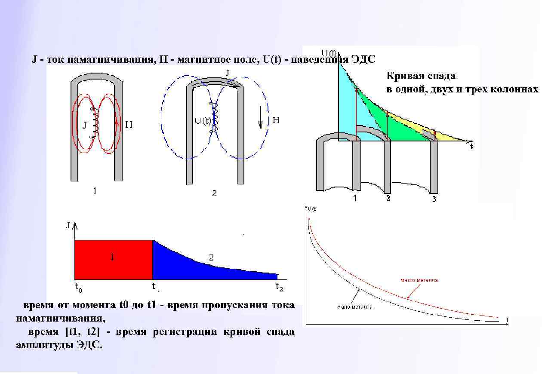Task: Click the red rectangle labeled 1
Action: click(x=114, y=260)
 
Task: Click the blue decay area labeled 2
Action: click(x=185, y=262)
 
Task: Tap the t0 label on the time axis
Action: click(x=78, y=287)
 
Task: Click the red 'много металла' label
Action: click(x=419, y=280)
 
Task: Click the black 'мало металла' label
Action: click(x=354, y=307)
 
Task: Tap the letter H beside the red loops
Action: click(x=129, y=125)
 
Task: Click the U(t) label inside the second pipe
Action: click(x=203, y=120)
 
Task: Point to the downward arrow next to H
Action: click(x=260, y=119)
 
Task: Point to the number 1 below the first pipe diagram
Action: click(x=95, y=190)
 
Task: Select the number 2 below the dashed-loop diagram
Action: click(x=214, y=193)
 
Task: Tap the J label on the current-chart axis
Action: click(x=68, y=225)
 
